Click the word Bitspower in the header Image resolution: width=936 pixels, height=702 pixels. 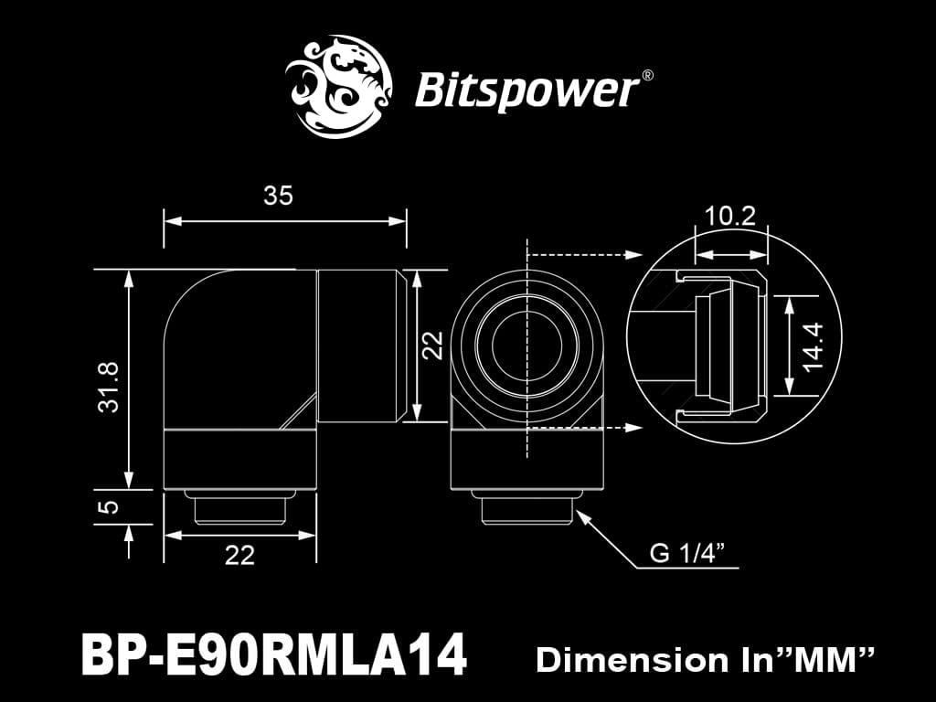(525, 91)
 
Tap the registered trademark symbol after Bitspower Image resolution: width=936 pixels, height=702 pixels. (647, 77)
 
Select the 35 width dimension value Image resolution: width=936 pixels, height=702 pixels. (278, 196)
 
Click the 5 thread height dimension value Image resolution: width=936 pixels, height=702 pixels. (109, 506)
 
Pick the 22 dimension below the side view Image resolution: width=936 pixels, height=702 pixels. (239, 555)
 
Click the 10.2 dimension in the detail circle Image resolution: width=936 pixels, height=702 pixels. (730, 217)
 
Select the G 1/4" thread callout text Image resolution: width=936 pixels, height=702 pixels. (687, 552)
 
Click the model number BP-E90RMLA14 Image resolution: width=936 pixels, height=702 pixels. (274, 655)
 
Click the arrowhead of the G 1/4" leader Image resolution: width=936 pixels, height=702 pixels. (584, 516)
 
